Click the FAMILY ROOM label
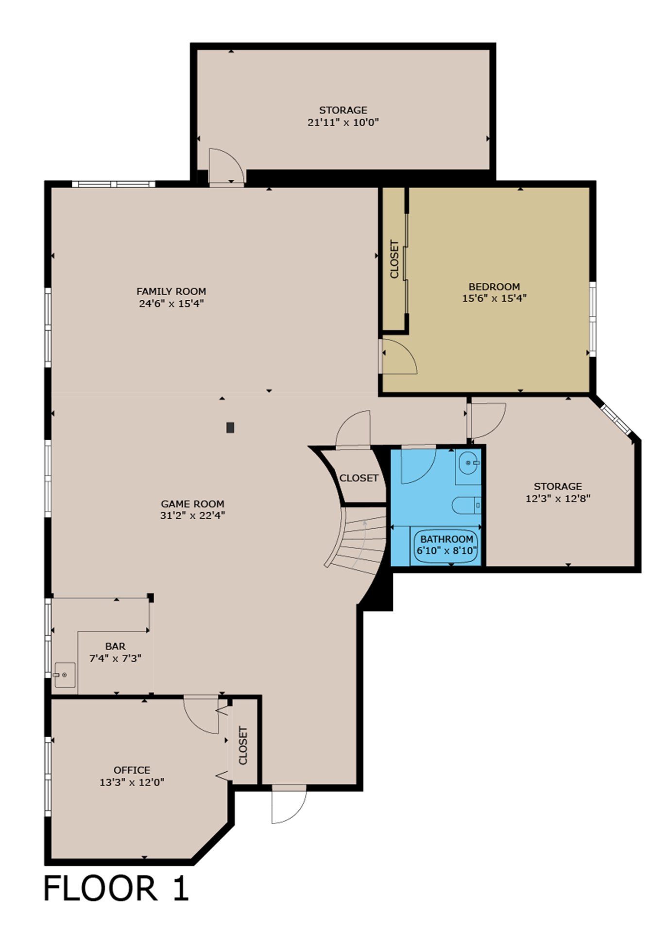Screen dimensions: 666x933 (x=171, y=292)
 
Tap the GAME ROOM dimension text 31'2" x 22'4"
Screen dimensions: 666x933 (x=192, y=516)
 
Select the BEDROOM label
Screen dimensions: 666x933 (x=494, y=287)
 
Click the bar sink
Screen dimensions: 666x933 (x=65, y=674)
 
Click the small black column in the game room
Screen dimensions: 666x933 (x=230, y=428)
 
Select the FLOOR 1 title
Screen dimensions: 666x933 (x=116, y=889)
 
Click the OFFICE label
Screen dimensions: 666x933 (x=132, y=770)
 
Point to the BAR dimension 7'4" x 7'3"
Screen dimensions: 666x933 (x=115, y=659)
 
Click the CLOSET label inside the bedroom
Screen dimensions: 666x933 (x=394, y=259)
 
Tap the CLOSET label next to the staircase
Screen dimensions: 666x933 (x=359, y=478)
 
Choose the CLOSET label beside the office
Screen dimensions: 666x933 (x=243, y=745)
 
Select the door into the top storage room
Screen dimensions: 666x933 (x=226, y=166)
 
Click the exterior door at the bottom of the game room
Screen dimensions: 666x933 (x=289, y=804)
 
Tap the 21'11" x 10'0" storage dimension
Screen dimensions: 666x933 (x=343, y=122)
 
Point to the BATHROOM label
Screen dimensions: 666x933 (x=446, y=539)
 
